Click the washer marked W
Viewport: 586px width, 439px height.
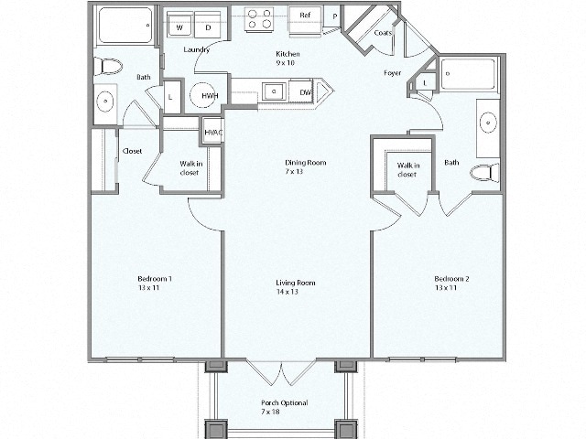(x=179, y=28)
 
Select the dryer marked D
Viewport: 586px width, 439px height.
(x=207, y=28)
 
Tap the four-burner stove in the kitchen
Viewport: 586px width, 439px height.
(x=259, y=20)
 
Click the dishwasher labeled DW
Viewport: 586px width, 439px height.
(x=305, y=92)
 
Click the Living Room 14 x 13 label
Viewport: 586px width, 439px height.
(x=296, y=287)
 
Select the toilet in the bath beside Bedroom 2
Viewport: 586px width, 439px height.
(x=483, y=173)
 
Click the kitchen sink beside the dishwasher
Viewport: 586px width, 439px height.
(x=272, y=91)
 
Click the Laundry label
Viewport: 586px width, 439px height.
(x=197, y=49)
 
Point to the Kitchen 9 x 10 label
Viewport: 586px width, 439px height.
(x=288, y=59)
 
